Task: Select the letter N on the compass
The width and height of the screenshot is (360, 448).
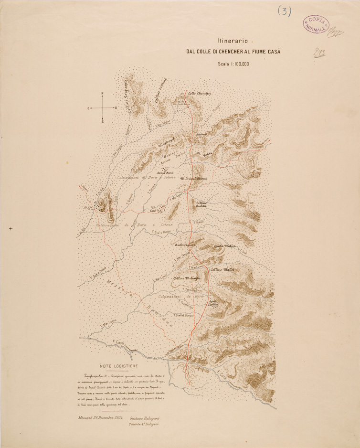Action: click(x=102, y=93)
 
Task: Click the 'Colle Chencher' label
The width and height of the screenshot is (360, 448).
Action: click(x=200, y=94)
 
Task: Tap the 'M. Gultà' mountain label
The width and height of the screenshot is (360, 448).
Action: click(x=204, y=153)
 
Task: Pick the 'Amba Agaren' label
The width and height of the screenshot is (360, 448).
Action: click(x=186, y=245)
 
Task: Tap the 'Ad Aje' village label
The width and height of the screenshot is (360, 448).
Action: click(x=87, y=208)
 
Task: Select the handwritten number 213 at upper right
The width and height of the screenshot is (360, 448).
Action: click(x=319, y=53)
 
